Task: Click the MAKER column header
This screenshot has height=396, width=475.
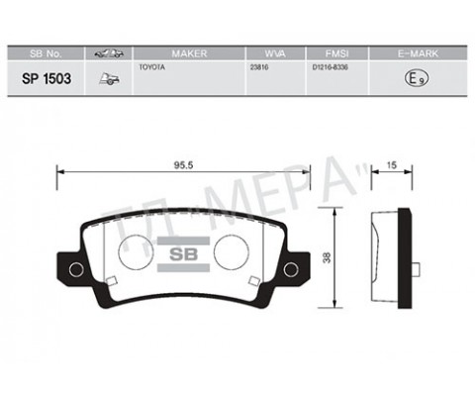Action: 188,51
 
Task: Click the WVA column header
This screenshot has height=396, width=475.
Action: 273,51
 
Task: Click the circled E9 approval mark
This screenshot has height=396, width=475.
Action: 417,78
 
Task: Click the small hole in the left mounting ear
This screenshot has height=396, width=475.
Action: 76,269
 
